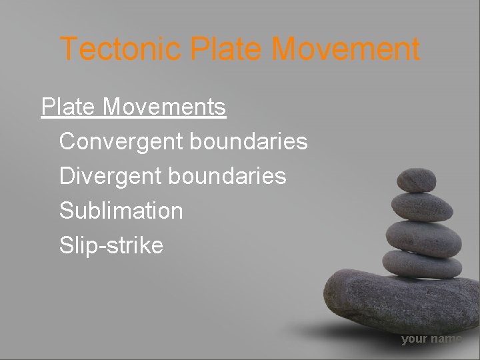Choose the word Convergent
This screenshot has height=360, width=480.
click(121, 141)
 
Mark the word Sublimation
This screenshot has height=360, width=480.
click(121, 211)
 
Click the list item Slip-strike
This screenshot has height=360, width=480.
click(111, 245)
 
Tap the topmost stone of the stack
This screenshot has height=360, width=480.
click(416, 179)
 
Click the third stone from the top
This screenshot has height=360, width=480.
click(423, 236)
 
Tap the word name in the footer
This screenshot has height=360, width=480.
click(446, 339)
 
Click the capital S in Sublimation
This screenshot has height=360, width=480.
click(67, 211)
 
